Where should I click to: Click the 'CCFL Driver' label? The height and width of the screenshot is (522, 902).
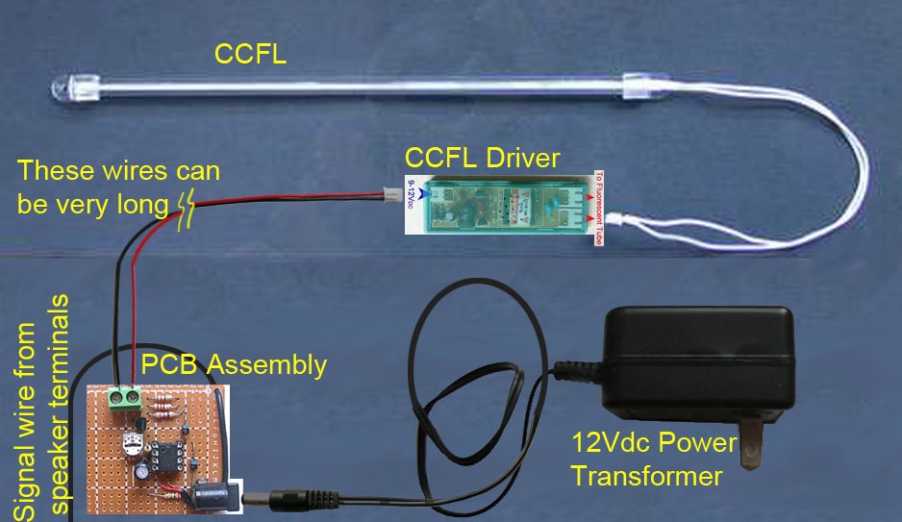tap(482, 157)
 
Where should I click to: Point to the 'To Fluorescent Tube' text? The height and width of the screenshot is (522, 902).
tap(597, 207)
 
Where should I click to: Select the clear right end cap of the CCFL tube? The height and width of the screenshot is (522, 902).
tap(638, 88)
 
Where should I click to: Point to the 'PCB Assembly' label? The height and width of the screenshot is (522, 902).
tap(234, 365)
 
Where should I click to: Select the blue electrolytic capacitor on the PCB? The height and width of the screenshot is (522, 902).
tap(141, 474)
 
